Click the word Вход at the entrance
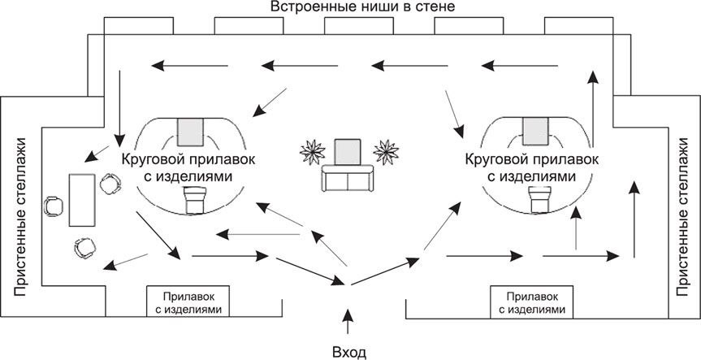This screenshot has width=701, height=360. pyautogui.click(x=350, y=352)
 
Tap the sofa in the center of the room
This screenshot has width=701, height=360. pyautogui.click(x=348, y=178)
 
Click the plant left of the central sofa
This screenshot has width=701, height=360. pyautogui.click(x=312, y=151)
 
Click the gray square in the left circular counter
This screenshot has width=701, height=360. pyautogui.click(x=193, y=129)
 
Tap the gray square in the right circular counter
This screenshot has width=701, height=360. pyautogui.click(x=536, y=129)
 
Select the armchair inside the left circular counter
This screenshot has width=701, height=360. pyautogui.click(x=195, y=198)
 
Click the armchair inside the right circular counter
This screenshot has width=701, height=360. pyautogui.click(x=539, y=198)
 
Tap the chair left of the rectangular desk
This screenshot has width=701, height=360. pyautogui.click(x=53, y=205)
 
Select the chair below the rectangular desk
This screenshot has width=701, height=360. pyautogui.click(x=83, y=246)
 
